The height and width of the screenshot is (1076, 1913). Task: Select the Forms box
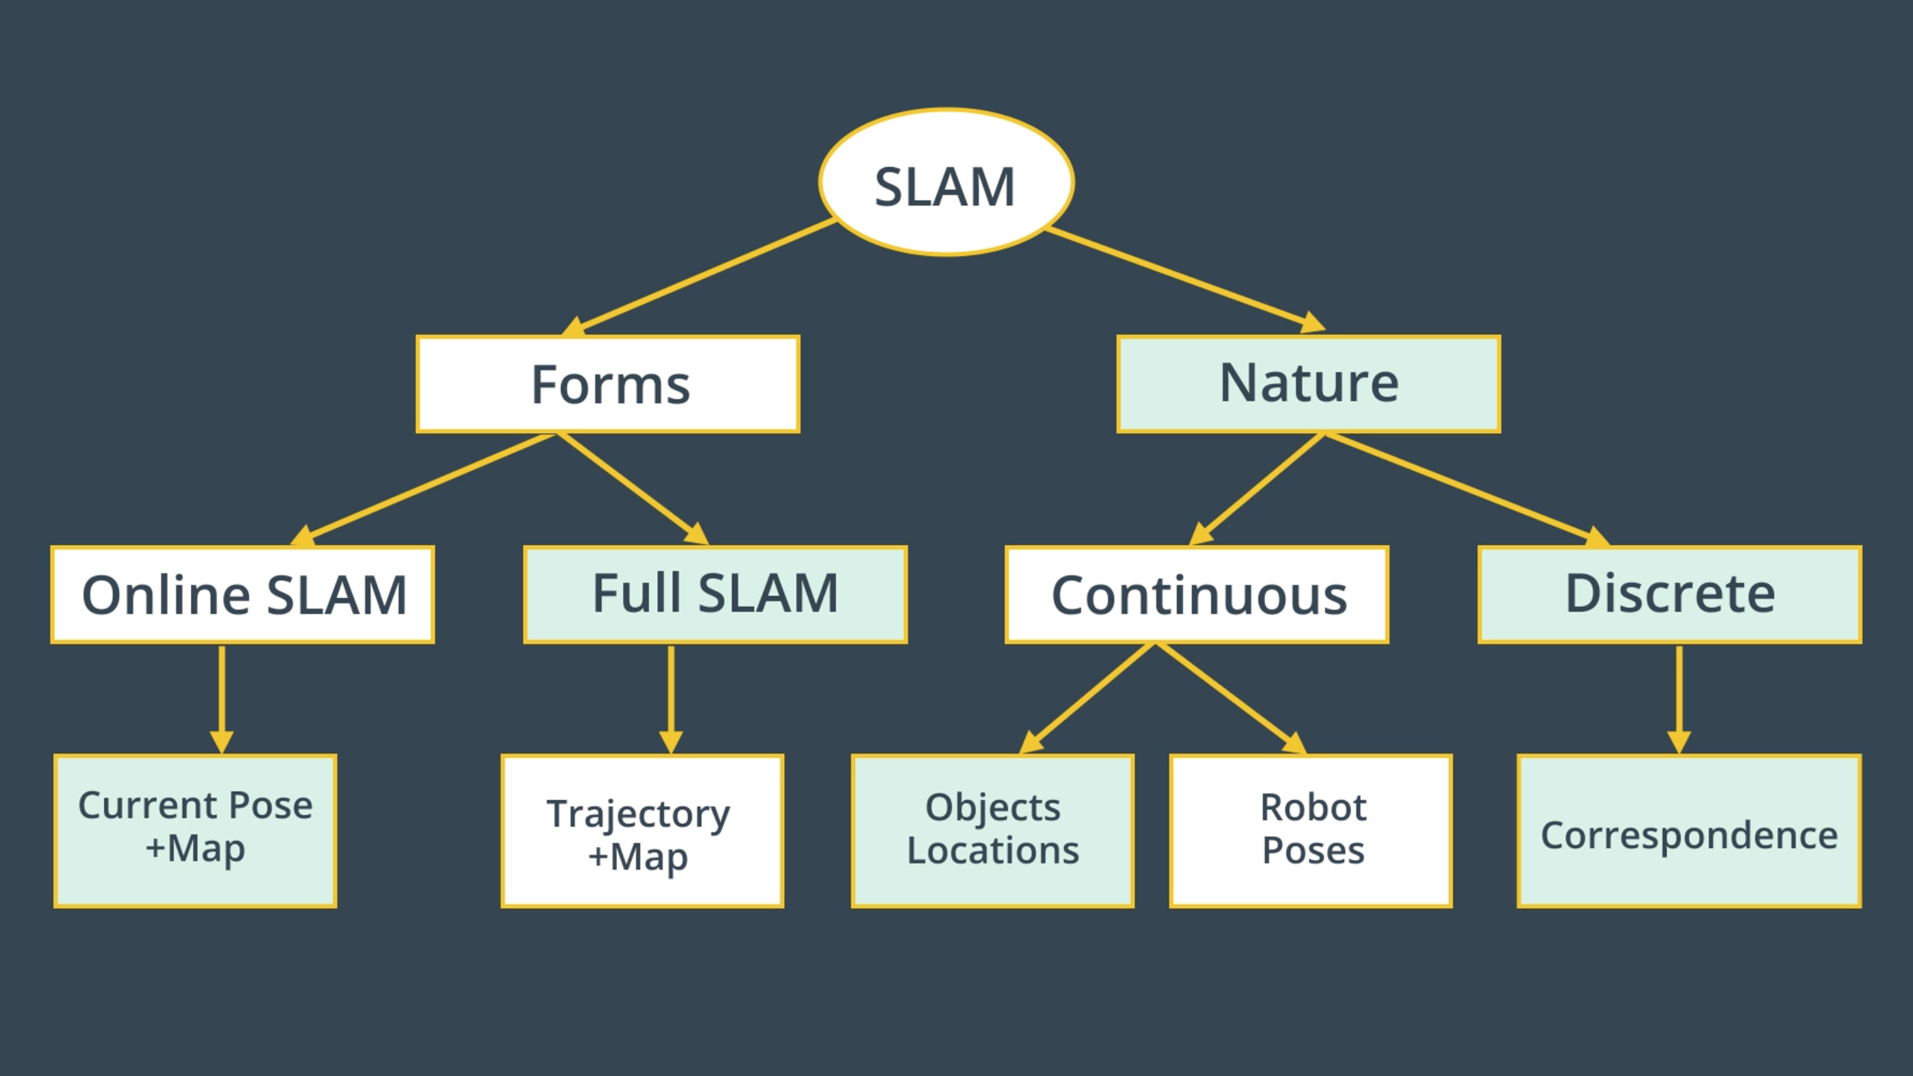click(608, 384)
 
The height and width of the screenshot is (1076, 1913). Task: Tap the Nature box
click(1308, 384)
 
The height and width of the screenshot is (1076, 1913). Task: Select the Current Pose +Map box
click(195, 831)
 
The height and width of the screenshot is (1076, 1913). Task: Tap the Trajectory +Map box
click(642, 831)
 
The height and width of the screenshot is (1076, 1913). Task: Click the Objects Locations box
click(993, 831)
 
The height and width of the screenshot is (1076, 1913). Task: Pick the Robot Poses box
click(1311, 831)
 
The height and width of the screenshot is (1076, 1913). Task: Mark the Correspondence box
click(1689, 831)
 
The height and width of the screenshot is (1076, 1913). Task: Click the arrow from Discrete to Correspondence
click(1679, 698)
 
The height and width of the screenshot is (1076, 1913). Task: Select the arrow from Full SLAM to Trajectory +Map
click(671, 698)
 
